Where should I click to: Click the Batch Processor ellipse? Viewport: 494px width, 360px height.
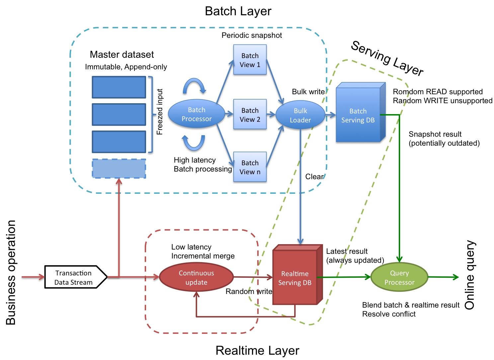click(197, 114)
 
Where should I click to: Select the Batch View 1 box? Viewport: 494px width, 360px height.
click(250, 60)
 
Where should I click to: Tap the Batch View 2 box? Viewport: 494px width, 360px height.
click(250, 115)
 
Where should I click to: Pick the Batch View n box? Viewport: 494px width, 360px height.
click(250, 167)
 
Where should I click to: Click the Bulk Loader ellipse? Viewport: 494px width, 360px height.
click(300, 115)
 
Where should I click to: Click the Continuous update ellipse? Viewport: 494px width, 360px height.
click(196, 277)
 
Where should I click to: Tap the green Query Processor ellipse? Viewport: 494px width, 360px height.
click(399, 277)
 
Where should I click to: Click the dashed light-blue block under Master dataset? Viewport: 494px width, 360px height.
click(119, 169)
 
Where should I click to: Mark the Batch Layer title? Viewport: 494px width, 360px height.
click(238, 11)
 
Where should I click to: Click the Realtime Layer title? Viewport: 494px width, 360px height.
click(257, 351)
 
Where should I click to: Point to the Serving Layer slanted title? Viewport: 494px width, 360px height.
click(387, 58)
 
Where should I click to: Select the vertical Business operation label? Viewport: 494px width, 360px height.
click(11, 272)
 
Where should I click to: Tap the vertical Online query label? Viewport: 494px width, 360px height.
click(470, 275)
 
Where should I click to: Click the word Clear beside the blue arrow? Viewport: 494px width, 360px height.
click(314, 177)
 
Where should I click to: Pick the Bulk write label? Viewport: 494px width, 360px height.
click(308, 92)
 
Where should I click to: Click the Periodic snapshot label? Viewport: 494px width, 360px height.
click(252, 36)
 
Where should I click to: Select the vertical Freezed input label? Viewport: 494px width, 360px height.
click(160, 112)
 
